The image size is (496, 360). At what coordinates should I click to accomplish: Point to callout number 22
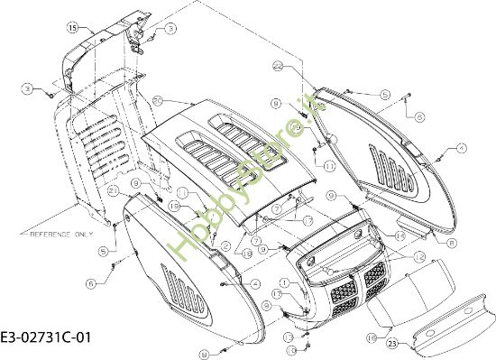point(278,67)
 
